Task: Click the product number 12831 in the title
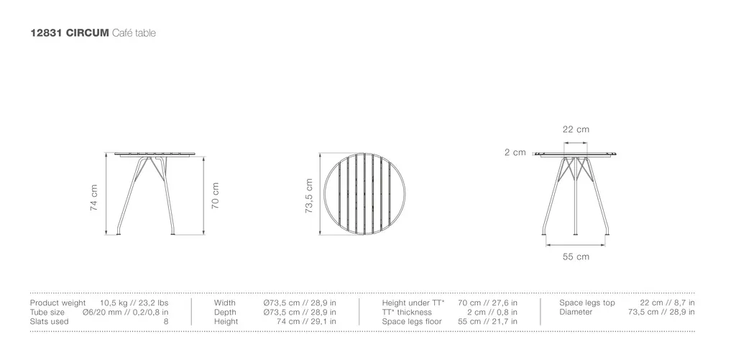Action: pyautogui.click(x=46, y=33)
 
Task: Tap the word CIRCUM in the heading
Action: pyautogui.click(x=87, y=33)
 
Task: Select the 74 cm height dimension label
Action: pyautogui.click(x=94, y=197)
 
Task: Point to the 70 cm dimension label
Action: pyautogui.click(x=216, y=195)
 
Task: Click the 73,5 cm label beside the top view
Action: pyautogui.click(x=309, y=195)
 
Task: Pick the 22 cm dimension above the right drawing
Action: pyautogui.click(x=576, y=129)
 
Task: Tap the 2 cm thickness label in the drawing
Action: pyautogui.click(x=515, y=152)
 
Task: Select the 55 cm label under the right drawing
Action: pyautogui.click(x=576, y=257)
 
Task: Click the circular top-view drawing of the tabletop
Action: pyautogui.click(x=324, y=193)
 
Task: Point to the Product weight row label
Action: pyautogui.click(x=57, y=303)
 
